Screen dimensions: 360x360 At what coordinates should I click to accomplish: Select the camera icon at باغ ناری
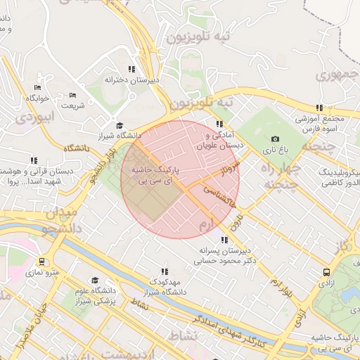coord(275,139)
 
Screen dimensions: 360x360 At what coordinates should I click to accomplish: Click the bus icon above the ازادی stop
coord(326,271)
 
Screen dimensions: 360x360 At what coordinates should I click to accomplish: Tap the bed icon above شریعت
coord(73,95)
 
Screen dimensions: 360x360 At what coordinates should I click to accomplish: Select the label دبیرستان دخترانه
coord(132,80)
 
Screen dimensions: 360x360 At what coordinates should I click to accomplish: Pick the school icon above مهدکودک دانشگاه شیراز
coord(165,271)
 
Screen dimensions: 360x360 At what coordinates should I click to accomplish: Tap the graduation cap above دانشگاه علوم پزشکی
coord(94,281)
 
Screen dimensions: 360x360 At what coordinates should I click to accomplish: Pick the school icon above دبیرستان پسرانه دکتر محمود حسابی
coord(224,240)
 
